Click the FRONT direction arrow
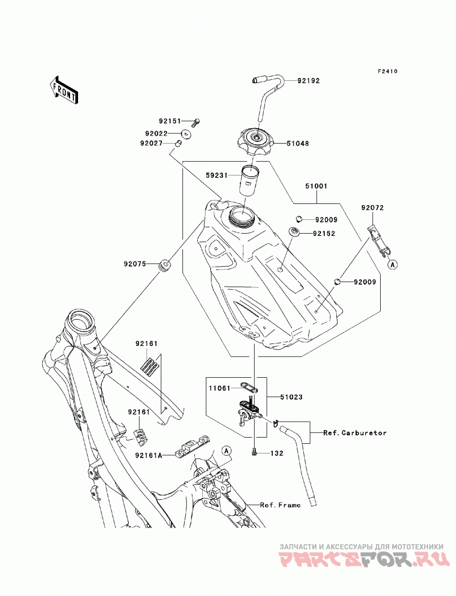(64, 89)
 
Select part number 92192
(308, 80)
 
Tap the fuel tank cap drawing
(255, 142)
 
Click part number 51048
(298, 144)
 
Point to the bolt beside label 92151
(196, 122)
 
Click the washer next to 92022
(186, 134)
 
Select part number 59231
(217, 175)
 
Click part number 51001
(316, 186)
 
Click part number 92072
(373, 208)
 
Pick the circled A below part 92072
(393, 264)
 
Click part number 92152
(324, 234)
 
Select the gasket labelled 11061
(249, 388)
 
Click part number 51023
(291, 397)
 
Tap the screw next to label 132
(254, 452)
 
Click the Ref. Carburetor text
(355, 433)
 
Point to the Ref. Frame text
(280, 505)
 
